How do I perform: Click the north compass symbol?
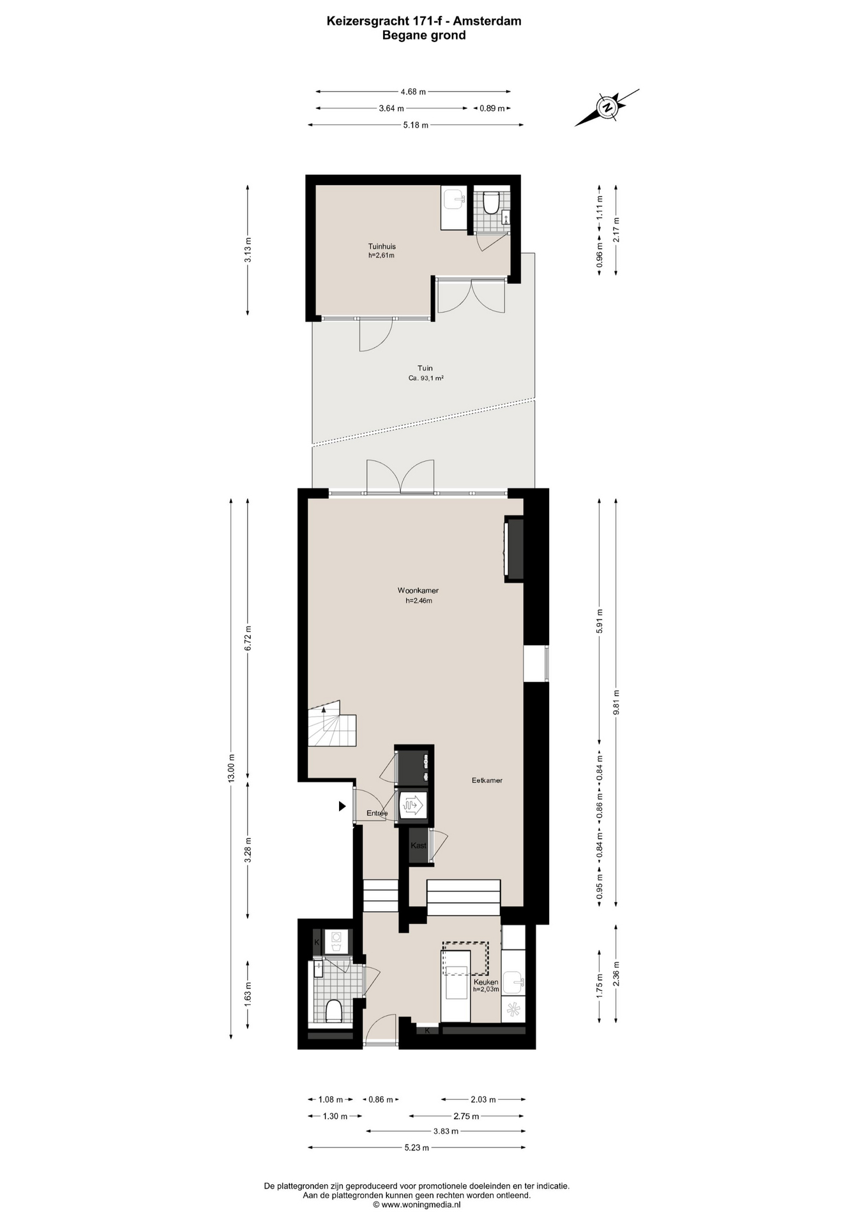coord(607,107)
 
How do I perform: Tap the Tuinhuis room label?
coord(382,246)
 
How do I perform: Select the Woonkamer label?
coord(418,591)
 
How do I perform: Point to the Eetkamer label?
coord(487,780)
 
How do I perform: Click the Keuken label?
coord(486,982)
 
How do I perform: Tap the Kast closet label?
coord(418,845)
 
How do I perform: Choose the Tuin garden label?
coord(425,368)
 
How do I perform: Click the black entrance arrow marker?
coord(342,806)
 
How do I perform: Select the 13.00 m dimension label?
coord(232,768)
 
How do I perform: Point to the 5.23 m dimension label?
coord(417,1147)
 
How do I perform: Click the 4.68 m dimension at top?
coord(413,91)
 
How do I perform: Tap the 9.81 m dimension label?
coord(616,702)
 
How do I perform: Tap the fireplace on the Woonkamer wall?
coord(514,549)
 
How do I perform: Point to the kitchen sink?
coord(513,982)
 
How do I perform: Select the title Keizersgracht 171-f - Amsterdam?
coord(424,21)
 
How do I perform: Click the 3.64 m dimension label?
coord(391,108)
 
